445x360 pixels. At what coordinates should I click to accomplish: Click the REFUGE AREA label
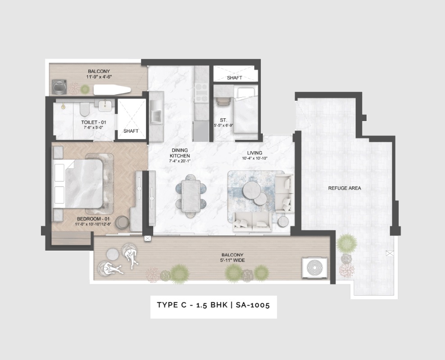(x=345, y=188)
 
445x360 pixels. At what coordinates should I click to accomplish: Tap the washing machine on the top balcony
(x=59, y=87)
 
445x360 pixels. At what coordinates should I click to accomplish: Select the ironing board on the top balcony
(x=112, y=90)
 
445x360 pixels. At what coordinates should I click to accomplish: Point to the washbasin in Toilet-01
(x=104, y=106)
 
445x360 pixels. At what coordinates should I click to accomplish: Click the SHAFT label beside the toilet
(x=131, y=131)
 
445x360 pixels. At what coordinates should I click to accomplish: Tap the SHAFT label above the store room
(x=234, y=78)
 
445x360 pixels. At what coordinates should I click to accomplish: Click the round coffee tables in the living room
(x=254, y=193)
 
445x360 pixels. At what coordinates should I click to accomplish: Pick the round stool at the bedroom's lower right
(x=122, y=223)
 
